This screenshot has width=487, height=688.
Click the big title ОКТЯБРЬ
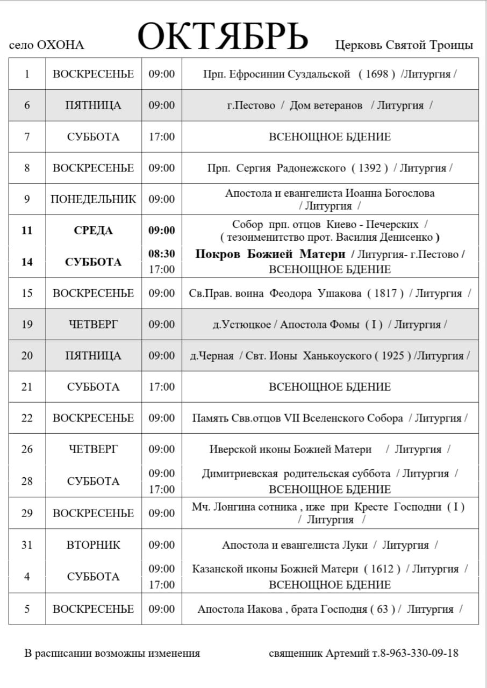223,37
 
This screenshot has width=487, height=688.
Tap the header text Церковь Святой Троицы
404,45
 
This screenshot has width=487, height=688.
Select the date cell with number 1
27,74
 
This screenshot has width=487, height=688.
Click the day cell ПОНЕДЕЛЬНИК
93,199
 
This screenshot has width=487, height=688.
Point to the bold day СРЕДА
93,231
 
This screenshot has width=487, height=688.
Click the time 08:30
161,254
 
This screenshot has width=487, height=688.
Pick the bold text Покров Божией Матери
270,254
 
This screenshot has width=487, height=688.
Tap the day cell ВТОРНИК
93,545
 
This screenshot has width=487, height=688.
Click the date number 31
27,545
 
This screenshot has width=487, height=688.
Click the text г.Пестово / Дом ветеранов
295,105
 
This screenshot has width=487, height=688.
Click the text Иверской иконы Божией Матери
290,449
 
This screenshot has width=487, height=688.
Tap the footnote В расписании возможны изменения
112,654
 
